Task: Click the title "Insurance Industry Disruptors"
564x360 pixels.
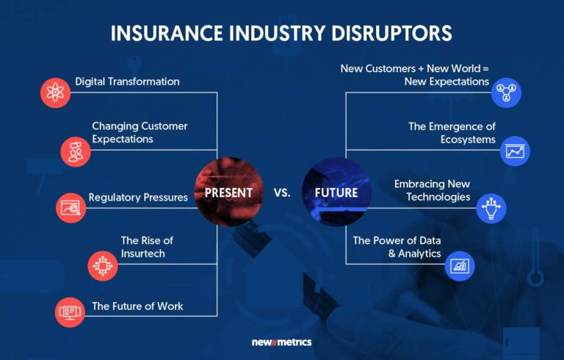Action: [x=281, y=34]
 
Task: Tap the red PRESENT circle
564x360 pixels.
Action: [x=228, y=192]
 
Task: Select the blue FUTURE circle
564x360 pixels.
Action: [x=336, y=192]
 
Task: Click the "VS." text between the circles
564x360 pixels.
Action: [x=282, y=193]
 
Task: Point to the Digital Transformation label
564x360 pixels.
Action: [x=127, y=82]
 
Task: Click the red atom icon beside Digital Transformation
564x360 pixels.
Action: [x=56, y=93]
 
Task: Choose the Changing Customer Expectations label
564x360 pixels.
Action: [x=140, y=132]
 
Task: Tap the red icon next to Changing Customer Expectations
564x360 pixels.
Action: [x=76, y=151]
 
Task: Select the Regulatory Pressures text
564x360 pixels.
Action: [x=138, y=198]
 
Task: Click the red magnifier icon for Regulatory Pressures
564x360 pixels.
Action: [x=71, y=207]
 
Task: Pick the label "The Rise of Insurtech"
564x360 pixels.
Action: [x=147, y=246]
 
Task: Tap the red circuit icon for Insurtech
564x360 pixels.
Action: [x=102, y=265]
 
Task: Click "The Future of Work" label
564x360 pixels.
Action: [x=137, y=306]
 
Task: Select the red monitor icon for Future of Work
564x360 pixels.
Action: [x=71, y=312]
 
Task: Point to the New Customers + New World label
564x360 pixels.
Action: [x=414, y=74]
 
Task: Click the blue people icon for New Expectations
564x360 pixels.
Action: [x=507, y=93]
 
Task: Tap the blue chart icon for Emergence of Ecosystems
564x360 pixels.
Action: [x=515, y=151]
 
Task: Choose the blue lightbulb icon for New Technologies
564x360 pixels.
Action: [x=491, y=207]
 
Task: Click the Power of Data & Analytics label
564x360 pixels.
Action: [x=397, y=246]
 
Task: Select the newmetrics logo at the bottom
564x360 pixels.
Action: [x=281, y=342]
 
